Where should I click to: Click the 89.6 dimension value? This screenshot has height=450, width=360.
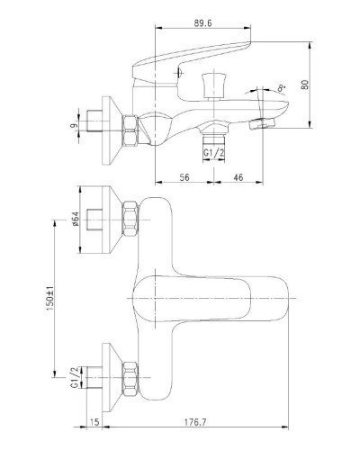[202, 23]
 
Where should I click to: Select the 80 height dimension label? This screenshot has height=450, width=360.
[305, 85]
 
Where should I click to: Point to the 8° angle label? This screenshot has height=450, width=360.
[282, 88]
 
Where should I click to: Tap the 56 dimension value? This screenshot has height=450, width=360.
[184, 177]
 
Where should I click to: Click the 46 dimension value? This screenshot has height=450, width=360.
[238, 177]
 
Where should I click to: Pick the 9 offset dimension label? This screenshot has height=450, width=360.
[74, 125]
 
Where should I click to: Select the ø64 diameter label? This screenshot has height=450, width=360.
[75, 219]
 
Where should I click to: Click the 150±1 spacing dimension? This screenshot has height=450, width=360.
[49, 298]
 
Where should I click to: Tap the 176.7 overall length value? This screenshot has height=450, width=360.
[196, 422]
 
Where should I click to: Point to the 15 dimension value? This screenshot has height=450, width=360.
[94, 422]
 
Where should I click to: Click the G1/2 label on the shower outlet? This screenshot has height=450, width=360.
[214, 153]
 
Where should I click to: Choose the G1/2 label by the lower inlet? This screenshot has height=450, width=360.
[75, 377]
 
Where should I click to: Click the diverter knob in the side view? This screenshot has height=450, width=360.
[213, 85]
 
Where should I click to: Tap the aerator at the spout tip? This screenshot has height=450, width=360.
[262, 123]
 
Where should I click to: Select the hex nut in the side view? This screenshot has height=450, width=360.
[130, 130]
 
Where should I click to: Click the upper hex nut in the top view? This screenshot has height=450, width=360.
[130, 220]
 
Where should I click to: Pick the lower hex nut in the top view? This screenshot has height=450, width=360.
[130, 377]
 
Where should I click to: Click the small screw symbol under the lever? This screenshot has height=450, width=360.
[179, 72]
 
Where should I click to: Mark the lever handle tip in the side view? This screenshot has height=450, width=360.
[250, 44]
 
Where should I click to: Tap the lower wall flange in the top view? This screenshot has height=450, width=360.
[112, 377]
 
